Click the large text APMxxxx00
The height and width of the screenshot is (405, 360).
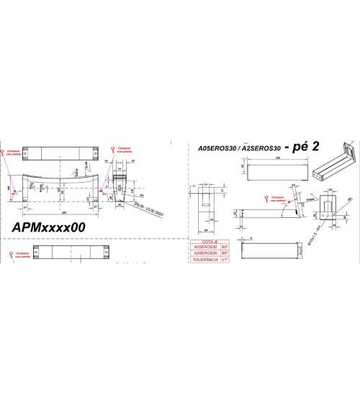click(x=49, y=226)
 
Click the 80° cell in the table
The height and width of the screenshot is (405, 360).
click(x=225, y=247)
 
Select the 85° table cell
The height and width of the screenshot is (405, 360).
click(x=225, y=253)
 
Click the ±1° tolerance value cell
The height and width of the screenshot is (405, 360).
click(x=225, y=259)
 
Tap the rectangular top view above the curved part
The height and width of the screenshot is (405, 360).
click(x=61, y=153)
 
